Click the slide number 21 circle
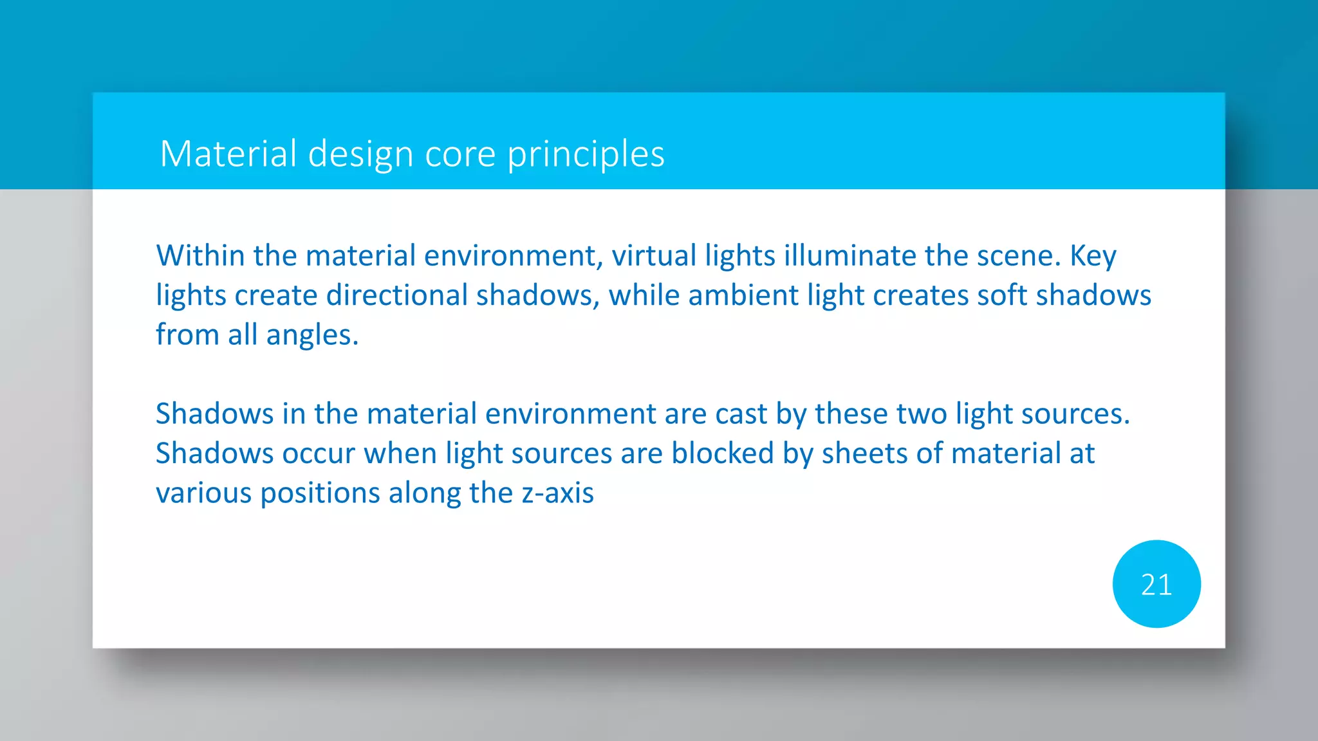pyautogui.click(x=1156, y=584)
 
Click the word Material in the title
pyautogui.click(x=228, y=154)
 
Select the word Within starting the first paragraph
pyautogui.click(x=200, y=256)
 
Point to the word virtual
pyautogui.click(x=654, y=256)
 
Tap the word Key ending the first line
pyautogui.click(x=1093, y=256)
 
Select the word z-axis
pyautogui.click(x=557, y=493)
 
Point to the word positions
pyautogui.click(x=320, y=493)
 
